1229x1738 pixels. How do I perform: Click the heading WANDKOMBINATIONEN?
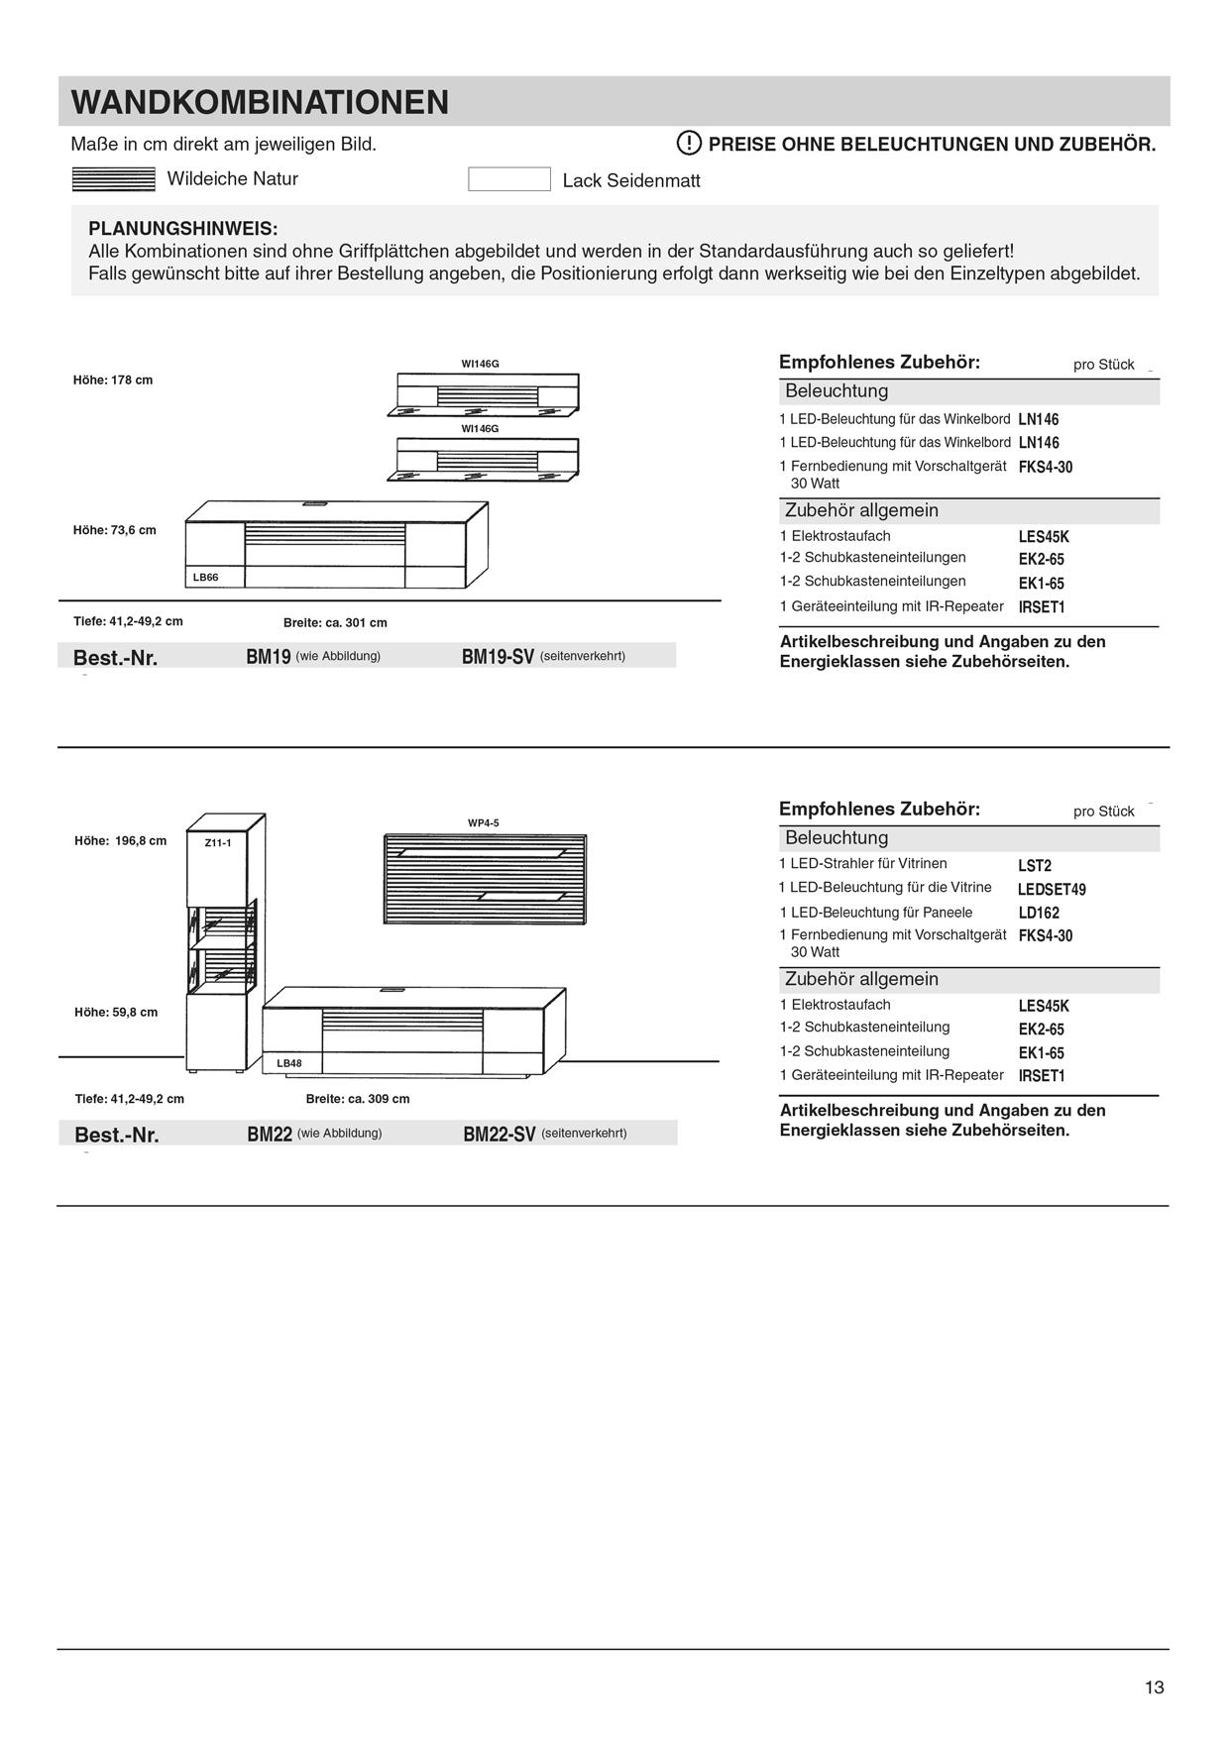click(x=260, y=103)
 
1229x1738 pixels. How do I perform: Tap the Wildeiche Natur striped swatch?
click(x=114, y=179)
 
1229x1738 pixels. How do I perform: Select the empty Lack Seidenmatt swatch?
click(x=508, y=179)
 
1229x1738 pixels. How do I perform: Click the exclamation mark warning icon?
click(x=689, y=144)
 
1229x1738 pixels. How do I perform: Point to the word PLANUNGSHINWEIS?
click(x=183, y=229)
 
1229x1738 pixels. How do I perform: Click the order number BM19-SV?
click(x=498, y=656)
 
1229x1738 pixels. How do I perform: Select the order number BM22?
click(x=270, y=1135)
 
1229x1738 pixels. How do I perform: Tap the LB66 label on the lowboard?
click(x=205, y=577)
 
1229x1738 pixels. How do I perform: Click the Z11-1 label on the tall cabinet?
click(x=217, y=843)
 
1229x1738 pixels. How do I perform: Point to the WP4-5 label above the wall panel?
click(x=484, y=823)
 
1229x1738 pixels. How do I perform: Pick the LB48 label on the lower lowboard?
click(x=289, y=1063)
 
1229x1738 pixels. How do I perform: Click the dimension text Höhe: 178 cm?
click(x=113, y=380)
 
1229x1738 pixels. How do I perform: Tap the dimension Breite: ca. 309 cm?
click(x=358, y=1099)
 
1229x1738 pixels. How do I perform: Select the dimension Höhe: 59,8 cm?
click(x=116, y=1013)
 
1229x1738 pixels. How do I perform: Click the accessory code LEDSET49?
click(x=1052, y=890)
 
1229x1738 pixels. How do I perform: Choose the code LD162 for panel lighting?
click(x=1039, y=913)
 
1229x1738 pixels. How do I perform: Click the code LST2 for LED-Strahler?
click(x=1035, y=866)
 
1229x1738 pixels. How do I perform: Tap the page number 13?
click(x=1154, y=1687)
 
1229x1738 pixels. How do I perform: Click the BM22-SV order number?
click(x=500, y=1135)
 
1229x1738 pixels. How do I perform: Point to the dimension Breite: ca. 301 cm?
click(x=335, y=623)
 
